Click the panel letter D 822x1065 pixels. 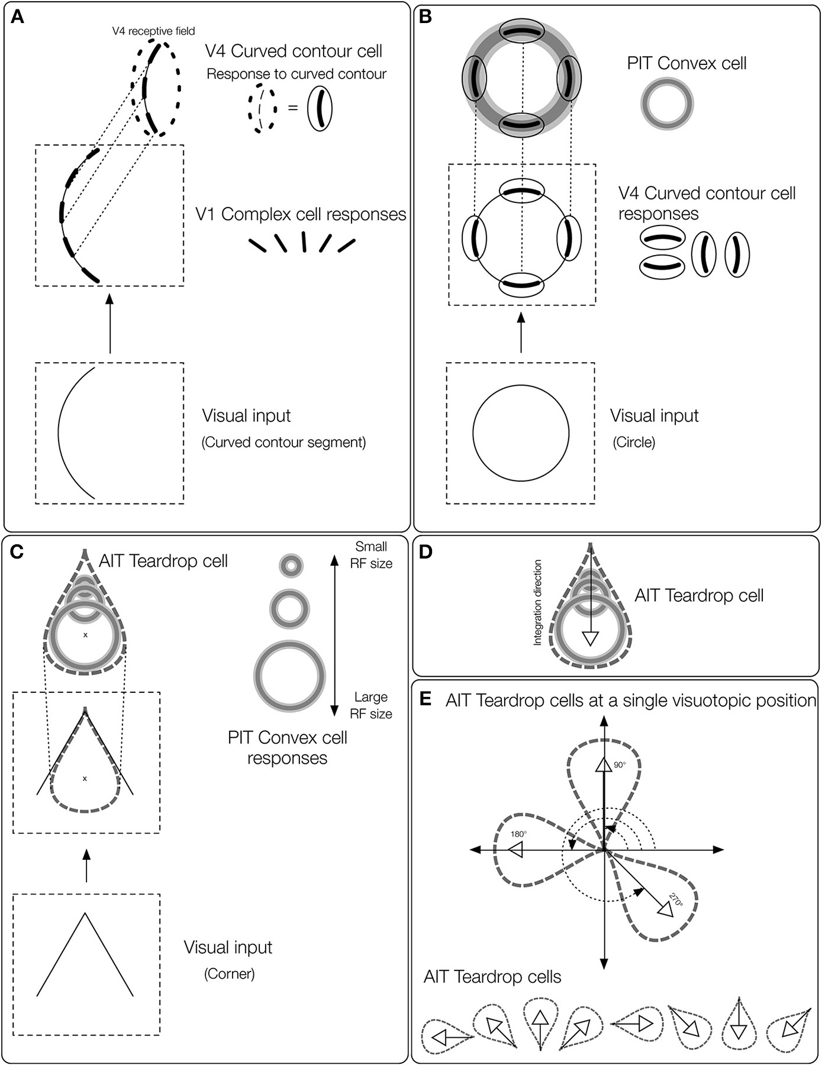click(426, 552)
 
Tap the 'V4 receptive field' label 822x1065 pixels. click(153, 31)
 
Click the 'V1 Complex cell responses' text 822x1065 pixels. click(301, 214)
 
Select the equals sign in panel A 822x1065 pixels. click(293, 108)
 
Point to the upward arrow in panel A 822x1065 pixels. click(109, 323)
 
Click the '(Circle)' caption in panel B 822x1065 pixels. click(634, 442)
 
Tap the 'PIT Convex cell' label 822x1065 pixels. click(686, 63)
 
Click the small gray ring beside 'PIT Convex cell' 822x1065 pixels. click(667, 105)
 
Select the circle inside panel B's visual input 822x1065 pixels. click(521, 433)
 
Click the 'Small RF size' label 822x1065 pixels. click(371, 555)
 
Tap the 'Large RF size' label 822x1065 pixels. click(371, 705)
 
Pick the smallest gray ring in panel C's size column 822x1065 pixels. click(291, 566)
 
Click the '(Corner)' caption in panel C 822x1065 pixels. click(229, 973)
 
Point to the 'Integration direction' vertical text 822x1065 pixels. click(537, 602)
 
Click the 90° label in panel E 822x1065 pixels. click(619, 764)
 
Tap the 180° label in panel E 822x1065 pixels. click(518, 834)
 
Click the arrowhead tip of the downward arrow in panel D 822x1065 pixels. click(591, 645)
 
